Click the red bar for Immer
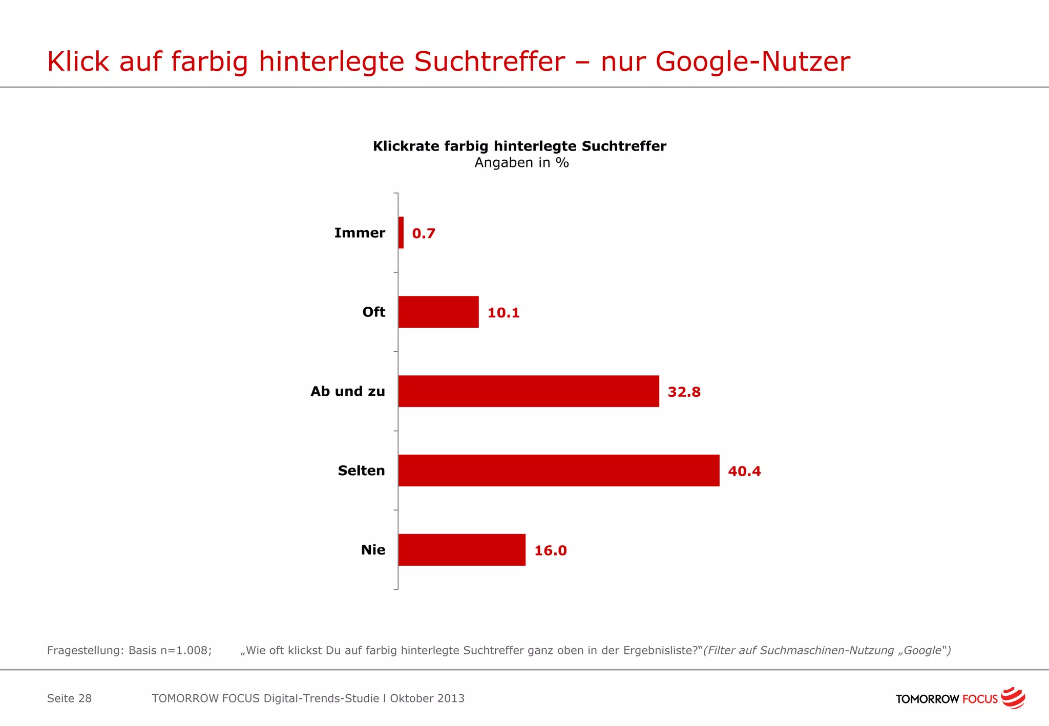[x=401, y=233]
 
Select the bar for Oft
[x=438, y=312]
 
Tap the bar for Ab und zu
[x=529, y=391]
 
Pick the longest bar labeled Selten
[x=559, y=471]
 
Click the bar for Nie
[x=462, y=550]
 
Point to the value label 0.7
[x=424, y=233]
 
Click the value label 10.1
[x=503, y=313]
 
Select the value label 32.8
[x=684, y=392]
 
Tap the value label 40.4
[x=744, y=472]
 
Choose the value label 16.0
[x=551, y=551]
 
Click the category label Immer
[x=360, y=233]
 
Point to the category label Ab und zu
[x=348, y=392]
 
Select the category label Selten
[x=361, y=471]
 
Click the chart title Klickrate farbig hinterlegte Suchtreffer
[x=519, y=146]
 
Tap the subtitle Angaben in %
[x=521, y=163]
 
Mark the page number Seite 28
[x=69, y=698]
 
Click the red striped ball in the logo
[x=1013, y=698]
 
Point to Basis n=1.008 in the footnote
[x=170, y=651]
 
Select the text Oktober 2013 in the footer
[x=427, y=698]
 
